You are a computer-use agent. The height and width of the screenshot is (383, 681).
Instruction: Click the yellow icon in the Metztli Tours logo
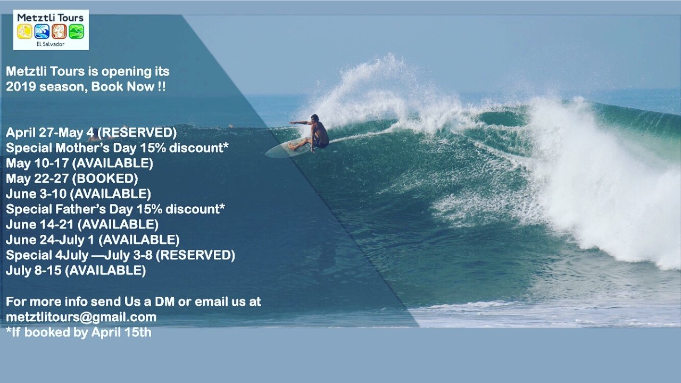[x=24, y=31]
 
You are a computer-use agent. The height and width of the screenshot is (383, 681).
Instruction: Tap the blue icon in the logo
[x=42, y=31]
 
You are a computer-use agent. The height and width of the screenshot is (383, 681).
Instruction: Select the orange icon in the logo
[x=59, y=31]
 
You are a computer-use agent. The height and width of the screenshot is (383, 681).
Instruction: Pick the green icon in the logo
[x=76, y=31]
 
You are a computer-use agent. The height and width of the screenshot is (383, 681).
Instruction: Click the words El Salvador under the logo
[x=51, y=44]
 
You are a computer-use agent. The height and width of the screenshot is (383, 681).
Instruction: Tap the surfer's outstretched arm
[x=300, y=123]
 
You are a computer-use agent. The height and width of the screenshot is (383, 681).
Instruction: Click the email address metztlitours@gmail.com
[x=81, y=317]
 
